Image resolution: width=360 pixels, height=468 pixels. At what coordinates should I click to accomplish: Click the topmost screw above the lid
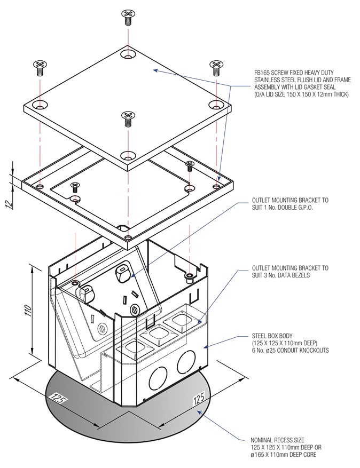127,16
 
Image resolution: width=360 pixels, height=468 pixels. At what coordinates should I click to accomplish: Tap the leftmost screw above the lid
39,67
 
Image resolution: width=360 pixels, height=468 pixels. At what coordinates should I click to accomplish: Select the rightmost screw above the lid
216,68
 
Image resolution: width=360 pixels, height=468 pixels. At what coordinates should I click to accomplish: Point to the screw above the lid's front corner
127,118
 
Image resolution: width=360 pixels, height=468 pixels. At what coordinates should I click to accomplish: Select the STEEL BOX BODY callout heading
273,336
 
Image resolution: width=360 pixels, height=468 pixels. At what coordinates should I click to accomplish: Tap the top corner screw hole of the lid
127,54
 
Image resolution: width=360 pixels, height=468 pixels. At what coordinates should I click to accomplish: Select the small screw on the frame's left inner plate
75,186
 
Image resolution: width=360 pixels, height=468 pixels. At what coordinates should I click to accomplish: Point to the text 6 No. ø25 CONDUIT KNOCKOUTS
290,351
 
